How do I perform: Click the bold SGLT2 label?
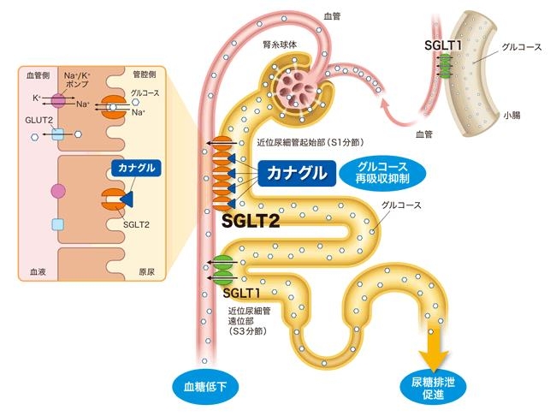tap(251, 221)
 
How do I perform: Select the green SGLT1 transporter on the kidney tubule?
tap(224, 269)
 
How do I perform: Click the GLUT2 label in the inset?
tap(36, 122)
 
